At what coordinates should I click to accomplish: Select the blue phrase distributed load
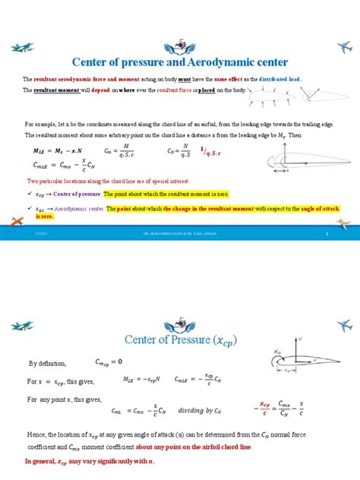280,79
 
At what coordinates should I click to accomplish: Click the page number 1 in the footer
326,235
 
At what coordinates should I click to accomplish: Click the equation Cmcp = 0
110,362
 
